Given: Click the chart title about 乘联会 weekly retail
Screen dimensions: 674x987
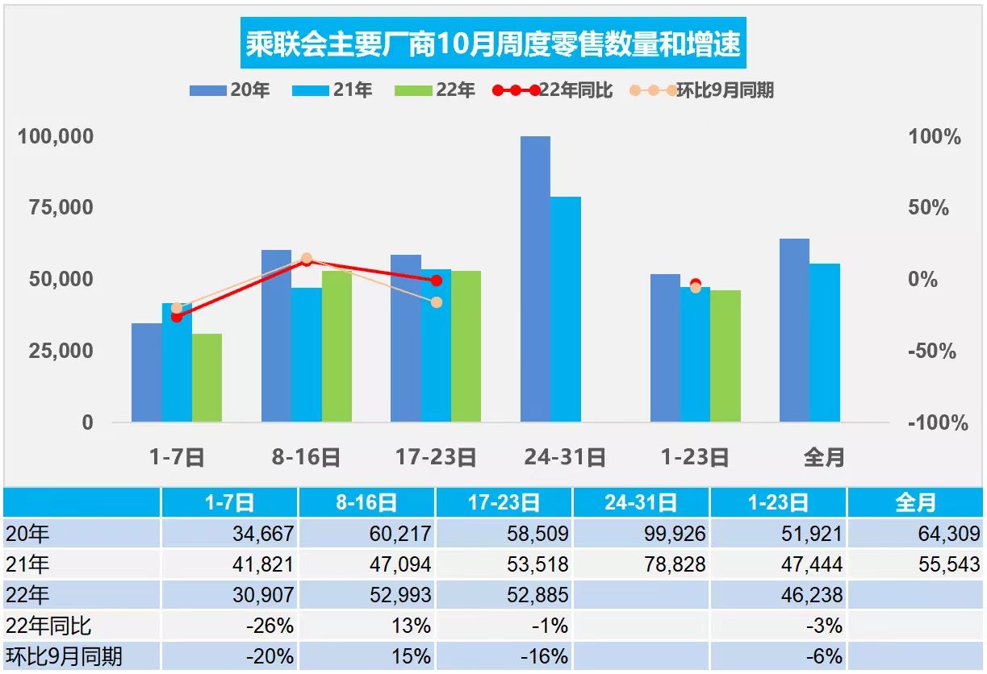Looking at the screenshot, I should tap(492, 43).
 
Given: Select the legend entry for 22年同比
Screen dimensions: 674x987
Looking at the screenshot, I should tap(553, 90).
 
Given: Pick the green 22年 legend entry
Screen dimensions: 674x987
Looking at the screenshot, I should tap(435, 90).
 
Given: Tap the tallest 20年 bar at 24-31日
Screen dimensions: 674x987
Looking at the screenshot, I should tap(535, 278).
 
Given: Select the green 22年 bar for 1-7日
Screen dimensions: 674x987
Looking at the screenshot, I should tap(207, 377).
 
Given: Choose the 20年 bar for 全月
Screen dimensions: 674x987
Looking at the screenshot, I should tap(794, 330).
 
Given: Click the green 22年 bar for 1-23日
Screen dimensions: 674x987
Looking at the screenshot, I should tap(726, 356).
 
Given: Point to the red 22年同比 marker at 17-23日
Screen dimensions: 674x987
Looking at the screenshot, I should tap(437, 281).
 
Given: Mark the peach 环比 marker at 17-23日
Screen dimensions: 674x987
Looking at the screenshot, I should tap(437, 302).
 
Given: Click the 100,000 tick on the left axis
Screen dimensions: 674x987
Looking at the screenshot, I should tap(56, 136).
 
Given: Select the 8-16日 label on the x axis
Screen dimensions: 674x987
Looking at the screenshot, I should tap(307, 458).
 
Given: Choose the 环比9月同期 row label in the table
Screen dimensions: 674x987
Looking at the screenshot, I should tap(65, 656).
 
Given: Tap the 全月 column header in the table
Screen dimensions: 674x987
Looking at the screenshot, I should tap(916, 503).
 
